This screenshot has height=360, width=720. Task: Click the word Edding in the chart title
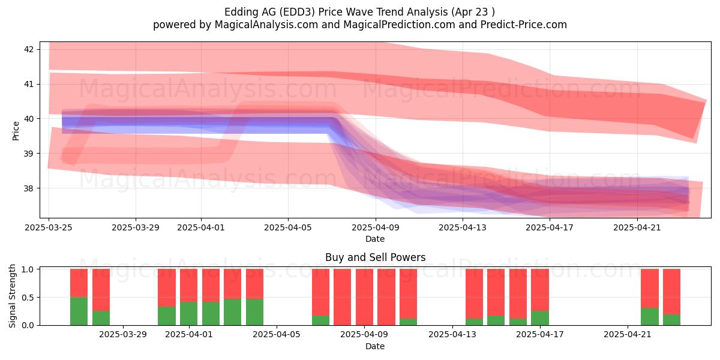238,12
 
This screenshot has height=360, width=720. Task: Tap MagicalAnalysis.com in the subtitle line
266,25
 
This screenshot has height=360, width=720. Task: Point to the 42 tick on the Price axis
28,49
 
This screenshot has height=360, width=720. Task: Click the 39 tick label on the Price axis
28,154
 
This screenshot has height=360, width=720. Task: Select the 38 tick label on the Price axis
28,188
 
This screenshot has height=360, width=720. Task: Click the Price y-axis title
16,131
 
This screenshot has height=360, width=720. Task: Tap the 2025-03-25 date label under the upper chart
49,227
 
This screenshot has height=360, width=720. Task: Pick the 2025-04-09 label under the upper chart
376,227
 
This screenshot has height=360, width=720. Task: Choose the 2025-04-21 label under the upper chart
637,227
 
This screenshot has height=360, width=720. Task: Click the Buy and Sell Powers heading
375,257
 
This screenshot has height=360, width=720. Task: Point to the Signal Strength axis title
12,296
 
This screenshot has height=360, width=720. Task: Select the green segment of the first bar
79,311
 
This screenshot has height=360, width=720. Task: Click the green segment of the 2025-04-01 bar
188,313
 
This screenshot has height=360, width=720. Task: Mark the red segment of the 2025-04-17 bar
539,290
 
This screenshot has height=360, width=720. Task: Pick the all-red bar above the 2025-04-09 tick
365,297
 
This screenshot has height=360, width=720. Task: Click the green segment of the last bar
671,320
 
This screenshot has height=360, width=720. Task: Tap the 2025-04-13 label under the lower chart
452,334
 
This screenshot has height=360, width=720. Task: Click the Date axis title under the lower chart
375,346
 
